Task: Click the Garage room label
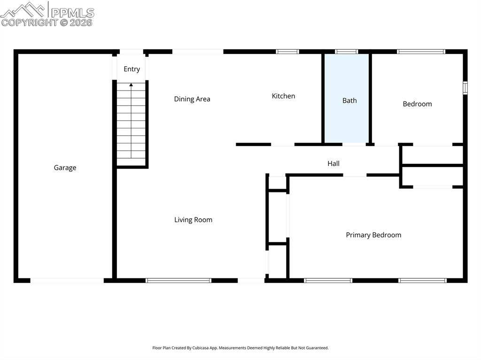tap(65, 168)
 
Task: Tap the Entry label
tap(132, 69)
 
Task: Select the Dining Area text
tap(192, 99)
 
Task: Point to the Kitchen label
tap(283, 96)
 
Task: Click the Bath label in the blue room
tap(349, 100)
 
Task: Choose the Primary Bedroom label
tap(373, 235)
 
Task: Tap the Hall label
tap(334, 163)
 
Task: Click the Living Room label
tap(193, 220)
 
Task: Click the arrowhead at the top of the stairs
tap(131, 85)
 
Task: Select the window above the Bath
tap(346, 52)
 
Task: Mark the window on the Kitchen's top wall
tap(287, 52)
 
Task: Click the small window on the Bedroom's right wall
tap(465, 88)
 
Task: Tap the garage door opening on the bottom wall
tap(67, 281)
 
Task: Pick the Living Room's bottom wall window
tap(178, 281)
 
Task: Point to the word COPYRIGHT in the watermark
tap(29, 22)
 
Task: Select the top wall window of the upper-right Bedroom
tap(421, 52)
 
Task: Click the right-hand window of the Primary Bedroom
tap(422, 281)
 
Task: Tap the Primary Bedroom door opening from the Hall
tap(355, 175)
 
